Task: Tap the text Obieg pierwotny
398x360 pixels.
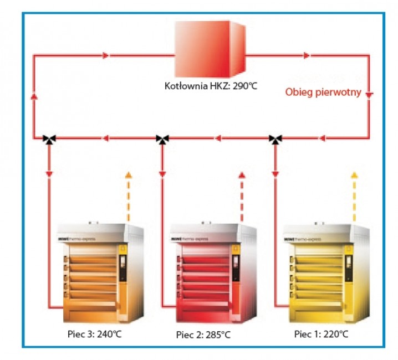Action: (x=323, y=92)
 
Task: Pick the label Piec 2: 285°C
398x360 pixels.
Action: (x=203, y=335)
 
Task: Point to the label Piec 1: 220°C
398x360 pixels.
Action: (x=321, y=334)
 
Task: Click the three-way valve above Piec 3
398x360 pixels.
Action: (x=49, y=138)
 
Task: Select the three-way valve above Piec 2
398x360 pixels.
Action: (x=162, y=138)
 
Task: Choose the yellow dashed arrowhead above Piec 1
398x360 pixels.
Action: (x=354, y=176)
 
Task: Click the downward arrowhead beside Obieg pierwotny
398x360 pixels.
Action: (x=370, y=94)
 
